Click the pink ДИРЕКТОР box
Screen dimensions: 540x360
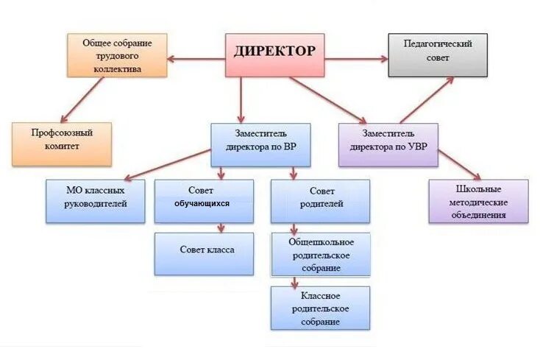274,54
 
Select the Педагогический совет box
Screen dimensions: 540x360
437,54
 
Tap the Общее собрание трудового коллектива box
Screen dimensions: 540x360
116,55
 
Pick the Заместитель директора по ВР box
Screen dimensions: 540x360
260,144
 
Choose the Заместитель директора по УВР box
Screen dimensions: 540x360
388,144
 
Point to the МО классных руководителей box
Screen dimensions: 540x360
96,201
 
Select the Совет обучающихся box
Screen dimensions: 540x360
204,201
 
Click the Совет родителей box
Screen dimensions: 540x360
320,201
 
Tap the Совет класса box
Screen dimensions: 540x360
204,253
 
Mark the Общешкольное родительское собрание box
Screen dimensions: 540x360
320,255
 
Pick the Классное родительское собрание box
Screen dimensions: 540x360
320,308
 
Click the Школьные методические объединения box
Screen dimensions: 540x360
478,201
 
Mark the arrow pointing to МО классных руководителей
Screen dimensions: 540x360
166,163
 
